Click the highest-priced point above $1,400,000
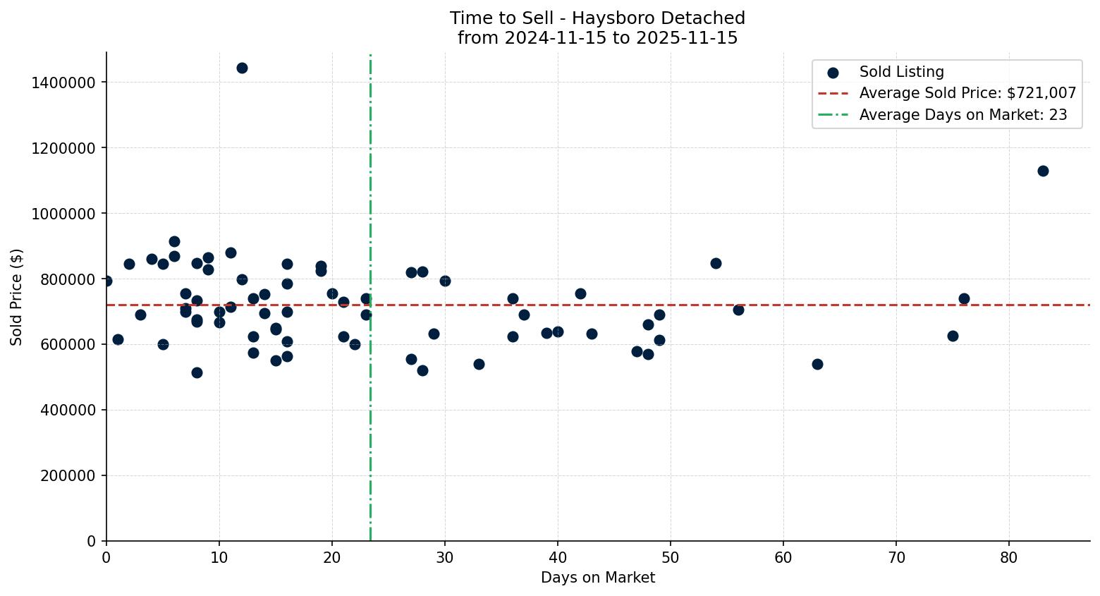[242, 68]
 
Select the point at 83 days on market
[1043, 171]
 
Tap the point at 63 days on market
[817, 364]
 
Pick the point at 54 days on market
[716, 263]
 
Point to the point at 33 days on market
[479, 364]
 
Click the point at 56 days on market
[738, 310]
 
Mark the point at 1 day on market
[118, 339]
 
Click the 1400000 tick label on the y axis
[63, 83]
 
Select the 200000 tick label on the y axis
[68, 475]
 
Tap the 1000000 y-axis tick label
[63, 214]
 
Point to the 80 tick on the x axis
[1009, 557]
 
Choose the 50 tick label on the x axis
[671, 557]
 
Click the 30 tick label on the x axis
[445, 557]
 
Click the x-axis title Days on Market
[598, 578]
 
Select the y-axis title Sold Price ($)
[17, 297]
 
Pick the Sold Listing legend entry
[901, 72]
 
